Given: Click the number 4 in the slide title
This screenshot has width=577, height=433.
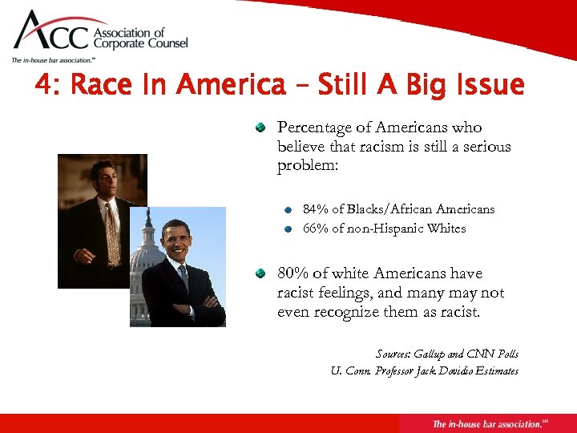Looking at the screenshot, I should pyautogui.click(x=43, y=85).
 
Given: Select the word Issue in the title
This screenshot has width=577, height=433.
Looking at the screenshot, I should pyautogui.click(x=486, y=85).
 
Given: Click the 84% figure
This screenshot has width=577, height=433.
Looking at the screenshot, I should pyautogui.click(x=316, y=209).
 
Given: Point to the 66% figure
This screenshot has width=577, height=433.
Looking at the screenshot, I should pyautogui.click(x=316, y=229).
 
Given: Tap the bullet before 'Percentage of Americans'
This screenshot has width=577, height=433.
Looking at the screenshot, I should pyautogui.click(x=260, y=128).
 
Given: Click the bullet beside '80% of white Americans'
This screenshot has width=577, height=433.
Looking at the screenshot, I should pyautogui.click(x=260, y=274).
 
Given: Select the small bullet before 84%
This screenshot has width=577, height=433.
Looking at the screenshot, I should pyautogui.click(x=288, y=210).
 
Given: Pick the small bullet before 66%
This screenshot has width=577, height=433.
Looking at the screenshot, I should pyautogui.click(x=288, y=229).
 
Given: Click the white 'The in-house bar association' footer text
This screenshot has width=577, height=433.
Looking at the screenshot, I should pyautogui.click(x=486, y=423).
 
